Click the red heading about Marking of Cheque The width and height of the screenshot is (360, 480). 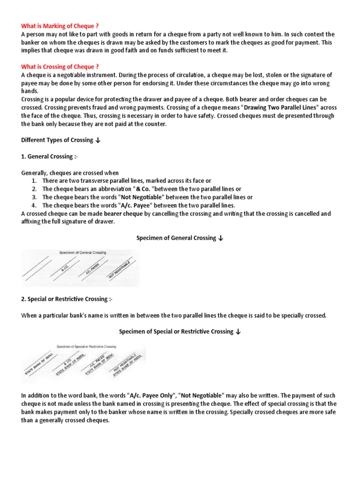60,25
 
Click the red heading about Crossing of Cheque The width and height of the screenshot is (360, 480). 60,67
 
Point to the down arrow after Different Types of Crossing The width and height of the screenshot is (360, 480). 97,141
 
